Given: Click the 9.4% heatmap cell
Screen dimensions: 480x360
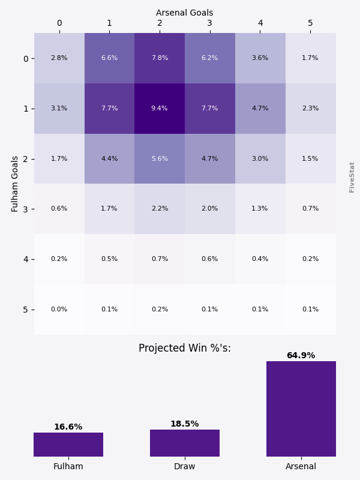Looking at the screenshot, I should tap(160, 109).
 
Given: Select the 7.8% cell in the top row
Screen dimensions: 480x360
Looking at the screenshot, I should tap(160, 58).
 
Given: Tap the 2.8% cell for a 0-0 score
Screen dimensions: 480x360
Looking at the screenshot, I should tap(59, 58).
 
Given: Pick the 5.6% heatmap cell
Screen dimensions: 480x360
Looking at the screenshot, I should tap(160, 159).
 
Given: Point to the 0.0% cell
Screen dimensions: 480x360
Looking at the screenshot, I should tap(59, 310).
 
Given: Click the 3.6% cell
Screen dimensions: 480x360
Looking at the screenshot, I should tap(260, 58).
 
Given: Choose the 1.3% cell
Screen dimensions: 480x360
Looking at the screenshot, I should tap(260, 209).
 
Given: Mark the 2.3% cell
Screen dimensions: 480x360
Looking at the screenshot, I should tap(310, 109).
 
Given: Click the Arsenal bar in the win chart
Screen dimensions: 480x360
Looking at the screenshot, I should tap(301, 409).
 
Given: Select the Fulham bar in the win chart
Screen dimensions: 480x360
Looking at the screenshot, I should tap(68, 445).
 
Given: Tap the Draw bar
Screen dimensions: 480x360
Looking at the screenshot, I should tap(185, 443).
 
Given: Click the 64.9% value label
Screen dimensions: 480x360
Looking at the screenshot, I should tap(301, 356).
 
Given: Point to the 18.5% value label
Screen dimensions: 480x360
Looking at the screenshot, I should tap(184, 424).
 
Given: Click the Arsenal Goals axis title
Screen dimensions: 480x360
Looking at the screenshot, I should tap(184, 13).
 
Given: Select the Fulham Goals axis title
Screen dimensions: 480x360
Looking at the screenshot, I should tap(16, 184).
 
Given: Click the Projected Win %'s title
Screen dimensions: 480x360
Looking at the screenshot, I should tap(184, 349).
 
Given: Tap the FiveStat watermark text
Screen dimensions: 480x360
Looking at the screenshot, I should tap(352, 176).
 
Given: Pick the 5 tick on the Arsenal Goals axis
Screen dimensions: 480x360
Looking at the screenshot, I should tap(310, 23).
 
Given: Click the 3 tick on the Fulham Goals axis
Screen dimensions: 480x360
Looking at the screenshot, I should tap(26, 209).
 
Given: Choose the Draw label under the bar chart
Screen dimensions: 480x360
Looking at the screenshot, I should tap(184, 466).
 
